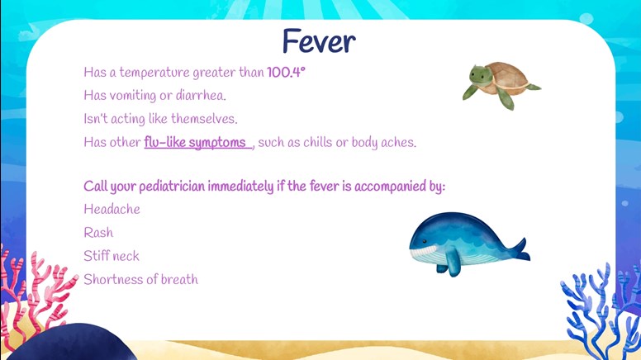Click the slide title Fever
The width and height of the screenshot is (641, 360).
319,40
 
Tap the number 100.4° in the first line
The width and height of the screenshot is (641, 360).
286,73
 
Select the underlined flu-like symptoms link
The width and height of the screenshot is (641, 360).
197,143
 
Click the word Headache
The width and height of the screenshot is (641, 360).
112,209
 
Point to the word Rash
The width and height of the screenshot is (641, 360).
98,233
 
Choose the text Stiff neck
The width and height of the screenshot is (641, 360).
112,256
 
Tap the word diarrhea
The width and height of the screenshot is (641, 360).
201,96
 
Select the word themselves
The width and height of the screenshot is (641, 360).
204,119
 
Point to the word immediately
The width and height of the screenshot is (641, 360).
240,187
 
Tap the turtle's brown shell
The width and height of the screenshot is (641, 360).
507,75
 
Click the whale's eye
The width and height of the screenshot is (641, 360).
425,242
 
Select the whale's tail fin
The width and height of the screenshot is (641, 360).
520,249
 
